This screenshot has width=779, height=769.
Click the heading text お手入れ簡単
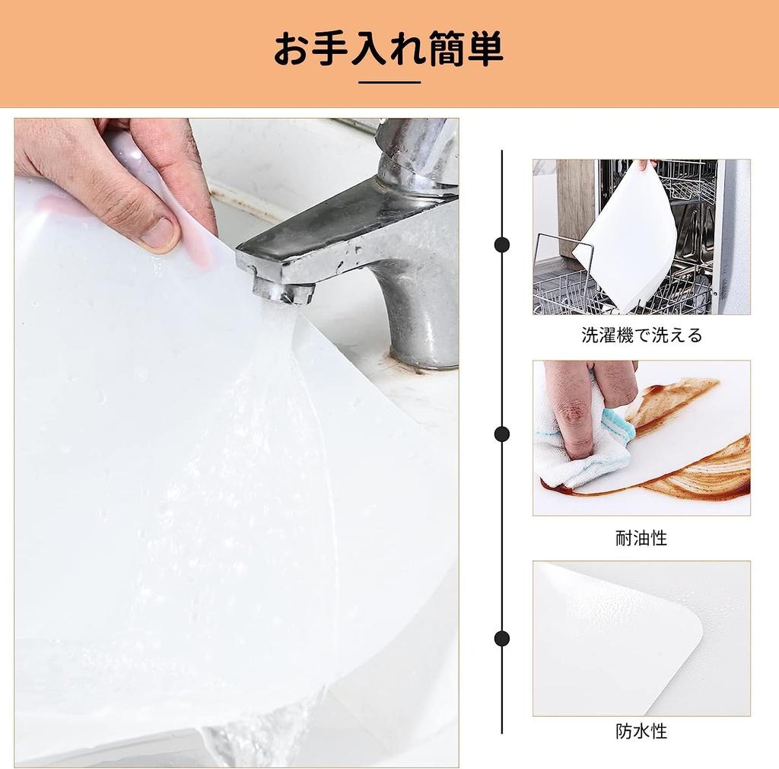(x=389, y=49)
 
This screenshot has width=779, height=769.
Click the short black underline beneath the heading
(x=389, y=82)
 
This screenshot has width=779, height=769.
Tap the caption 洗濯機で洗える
(x=641, y=335)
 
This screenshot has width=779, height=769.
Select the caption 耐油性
(x=641, y=539)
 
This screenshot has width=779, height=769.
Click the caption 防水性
(x=641, y=732)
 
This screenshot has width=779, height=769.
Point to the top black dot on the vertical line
(x=502, y=244)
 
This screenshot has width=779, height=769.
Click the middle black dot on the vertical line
(x=502, y=434)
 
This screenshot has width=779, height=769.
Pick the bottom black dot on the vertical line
(x=502, y=638)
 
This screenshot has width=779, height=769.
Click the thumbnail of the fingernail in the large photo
(x=161, y=234)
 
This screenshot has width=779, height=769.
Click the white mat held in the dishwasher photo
(x=628, y=236)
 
